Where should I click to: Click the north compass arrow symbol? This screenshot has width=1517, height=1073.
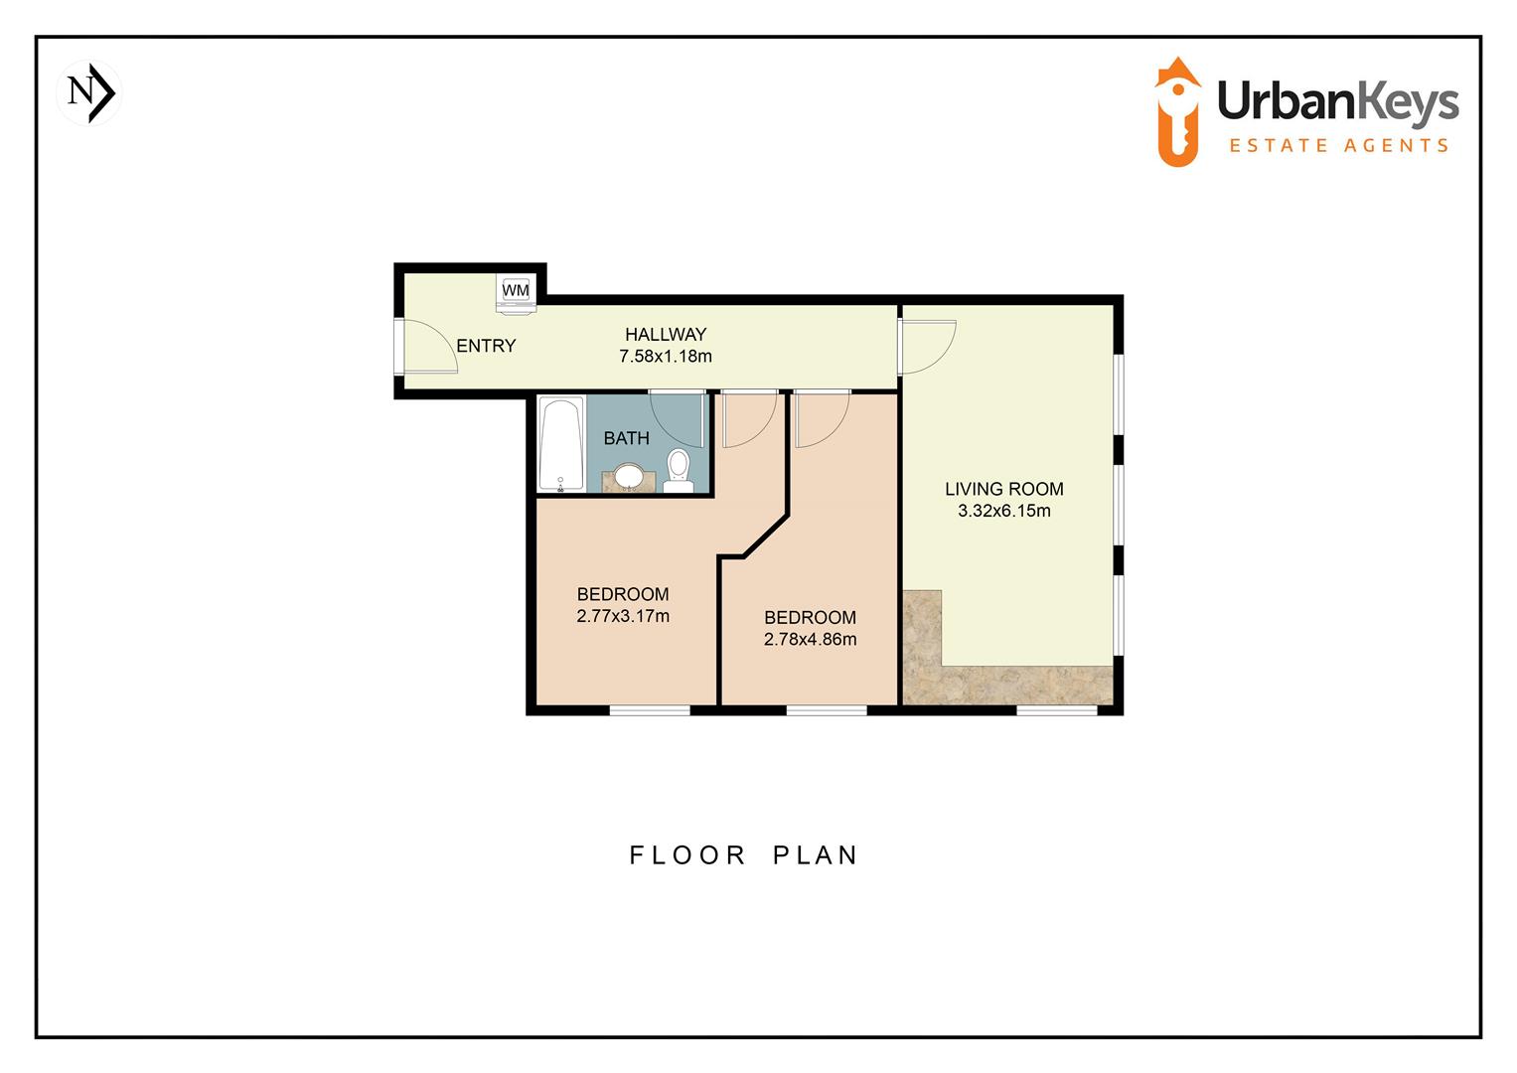tap(91, 93)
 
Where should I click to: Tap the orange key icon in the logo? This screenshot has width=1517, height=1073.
tap(1179, 111)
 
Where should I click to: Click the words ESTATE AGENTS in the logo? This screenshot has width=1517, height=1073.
tap(1338, 146)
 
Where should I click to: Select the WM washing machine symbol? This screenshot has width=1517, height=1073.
tap(517, 291)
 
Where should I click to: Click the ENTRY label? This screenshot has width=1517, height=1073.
tap(486, 346)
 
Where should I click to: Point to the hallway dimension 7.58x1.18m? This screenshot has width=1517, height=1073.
tap(666, 357)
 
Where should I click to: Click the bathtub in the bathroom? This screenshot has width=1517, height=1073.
tap(561, 444)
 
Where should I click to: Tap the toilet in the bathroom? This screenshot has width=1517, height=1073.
tap(679, 469)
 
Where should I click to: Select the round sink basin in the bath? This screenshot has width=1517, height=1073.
tap(628, 476)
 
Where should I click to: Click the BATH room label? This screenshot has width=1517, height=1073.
tap(626, 438)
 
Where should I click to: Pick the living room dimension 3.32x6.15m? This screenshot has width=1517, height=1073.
tap(1003, 512)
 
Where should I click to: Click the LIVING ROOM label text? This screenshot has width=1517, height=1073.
tap(1003, 489)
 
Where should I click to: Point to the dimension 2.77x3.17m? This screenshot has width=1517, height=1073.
tap(623, 617)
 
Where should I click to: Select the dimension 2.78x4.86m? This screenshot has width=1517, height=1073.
tap(810, 640)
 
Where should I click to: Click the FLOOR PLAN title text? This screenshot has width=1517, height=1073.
tap(743, 855)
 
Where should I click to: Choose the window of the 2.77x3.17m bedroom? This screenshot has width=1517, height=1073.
tap(650, 709)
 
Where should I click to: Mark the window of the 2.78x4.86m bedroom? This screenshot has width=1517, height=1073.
tap(827, 709)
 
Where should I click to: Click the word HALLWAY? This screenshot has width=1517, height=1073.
tap(666, 335)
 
